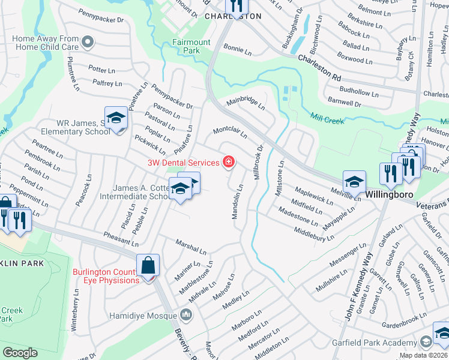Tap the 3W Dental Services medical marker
[228, 162]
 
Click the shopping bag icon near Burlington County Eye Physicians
[148, 265]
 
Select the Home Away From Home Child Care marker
[88, 42]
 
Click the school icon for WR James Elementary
[116, 118]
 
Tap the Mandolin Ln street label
[238, 202]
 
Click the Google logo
[20, 353]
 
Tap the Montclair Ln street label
[231, 132]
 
